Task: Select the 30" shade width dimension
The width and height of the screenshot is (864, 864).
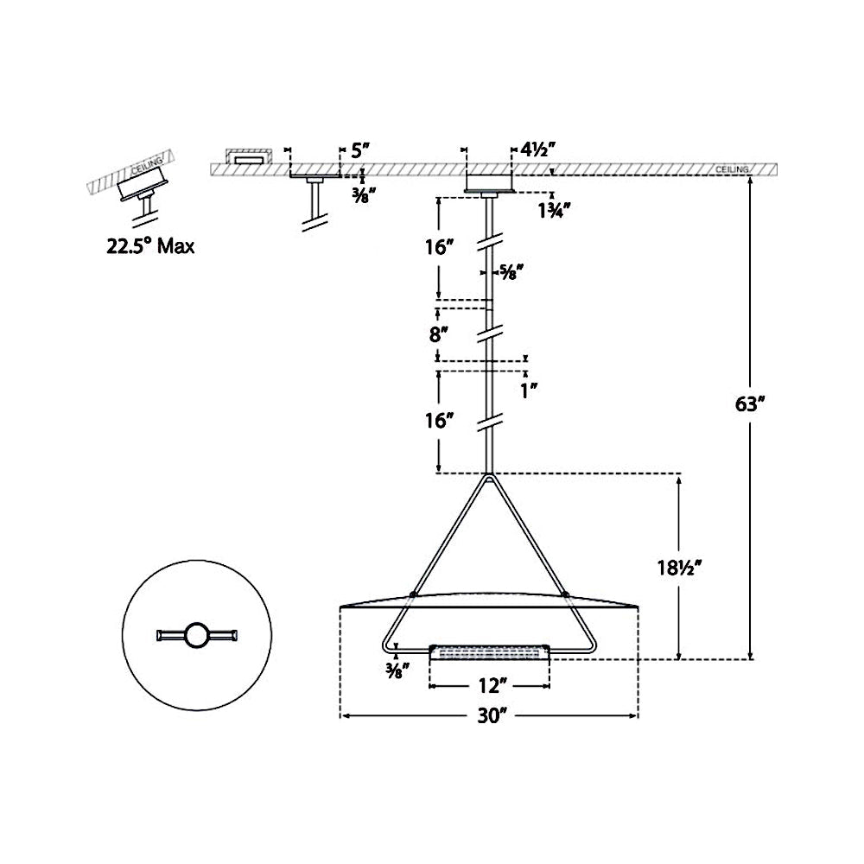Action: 489,715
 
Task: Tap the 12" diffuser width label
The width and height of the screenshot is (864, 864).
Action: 489,687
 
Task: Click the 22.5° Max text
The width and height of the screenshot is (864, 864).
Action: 150,246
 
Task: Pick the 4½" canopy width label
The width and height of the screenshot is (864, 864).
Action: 537,149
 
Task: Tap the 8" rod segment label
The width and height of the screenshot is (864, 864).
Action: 439,334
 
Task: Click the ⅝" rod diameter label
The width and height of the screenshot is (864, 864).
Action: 512,274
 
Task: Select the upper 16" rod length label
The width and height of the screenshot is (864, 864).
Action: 439,247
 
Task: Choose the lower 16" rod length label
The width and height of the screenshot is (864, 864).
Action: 439,421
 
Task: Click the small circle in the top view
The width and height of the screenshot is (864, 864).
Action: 196,636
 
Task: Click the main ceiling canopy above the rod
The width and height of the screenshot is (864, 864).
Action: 490,182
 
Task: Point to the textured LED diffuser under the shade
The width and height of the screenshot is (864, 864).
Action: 490,652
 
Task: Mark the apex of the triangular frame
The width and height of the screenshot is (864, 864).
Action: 490,477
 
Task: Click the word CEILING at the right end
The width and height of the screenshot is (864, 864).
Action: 732,169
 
